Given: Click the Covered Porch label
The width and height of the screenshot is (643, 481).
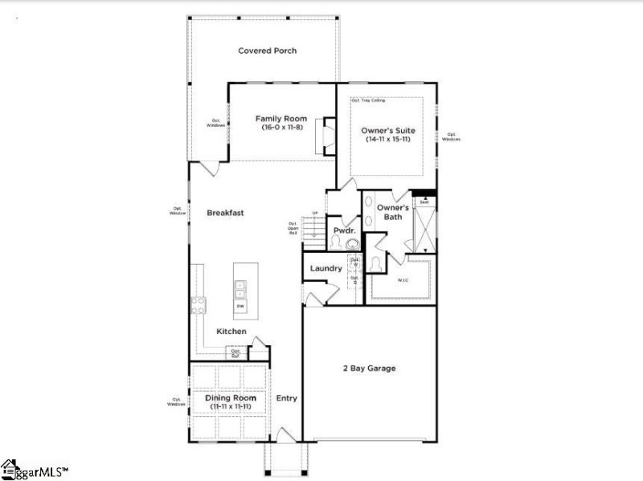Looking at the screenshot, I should click(x=268, y=51).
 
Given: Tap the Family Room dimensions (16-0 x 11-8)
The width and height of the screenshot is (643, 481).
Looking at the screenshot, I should click(x=281, y=128).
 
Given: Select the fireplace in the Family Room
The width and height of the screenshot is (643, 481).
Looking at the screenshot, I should click(x=326, y=135).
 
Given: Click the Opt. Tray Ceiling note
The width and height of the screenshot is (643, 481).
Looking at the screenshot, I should click(x=368, y=100).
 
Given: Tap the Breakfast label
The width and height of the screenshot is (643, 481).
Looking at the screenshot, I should click(x=225, y=213).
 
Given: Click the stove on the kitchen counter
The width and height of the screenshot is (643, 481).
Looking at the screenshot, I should click(x=198, y=305).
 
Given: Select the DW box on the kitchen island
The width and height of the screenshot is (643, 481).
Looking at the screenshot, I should click(x=240, y=306).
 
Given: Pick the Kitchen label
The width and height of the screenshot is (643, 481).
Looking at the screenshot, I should click(x=231, y=331).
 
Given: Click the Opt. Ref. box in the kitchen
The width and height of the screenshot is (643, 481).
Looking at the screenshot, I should click(x=236, y=352).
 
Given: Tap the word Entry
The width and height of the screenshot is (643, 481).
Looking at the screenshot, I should click(x=286, y=397).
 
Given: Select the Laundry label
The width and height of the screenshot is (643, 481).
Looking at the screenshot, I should click(x=326, y=268).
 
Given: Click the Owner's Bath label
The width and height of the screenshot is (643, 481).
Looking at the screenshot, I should click(x=393, y=212).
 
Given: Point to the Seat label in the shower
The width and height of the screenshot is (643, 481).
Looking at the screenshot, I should click(x=424, y=202).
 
